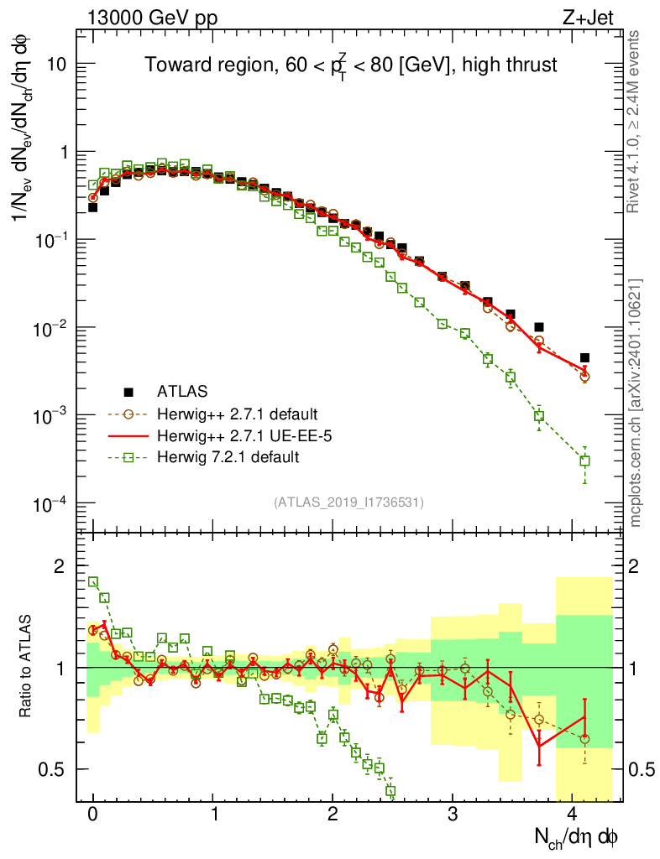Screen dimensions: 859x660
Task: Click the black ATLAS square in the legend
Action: [x=128, y=392]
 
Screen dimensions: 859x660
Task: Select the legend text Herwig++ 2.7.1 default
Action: [x=236, y=414]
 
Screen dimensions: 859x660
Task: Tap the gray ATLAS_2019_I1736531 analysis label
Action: [x=348, y=502]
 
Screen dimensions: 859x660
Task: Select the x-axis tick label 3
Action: [x=453, y=815]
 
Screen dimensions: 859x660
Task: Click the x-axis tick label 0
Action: [x=93, y=815]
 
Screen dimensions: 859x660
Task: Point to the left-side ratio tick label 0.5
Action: [x=55, y=769]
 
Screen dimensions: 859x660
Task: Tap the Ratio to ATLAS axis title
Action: [x=27, y=668]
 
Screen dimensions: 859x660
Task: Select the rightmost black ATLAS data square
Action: [x=584, y=357]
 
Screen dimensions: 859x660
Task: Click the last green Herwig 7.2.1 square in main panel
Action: [x=584, y=461]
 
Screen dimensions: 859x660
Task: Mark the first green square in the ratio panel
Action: [x=93, y=582]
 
